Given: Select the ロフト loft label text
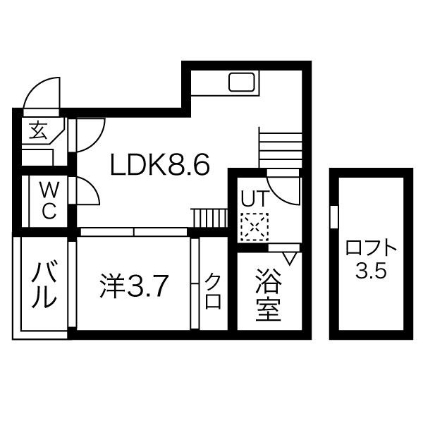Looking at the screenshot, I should click(372, 249).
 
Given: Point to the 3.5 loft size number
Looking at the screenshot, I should click(371, 271).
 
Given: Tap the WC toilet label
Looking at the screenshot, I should click(48, 200).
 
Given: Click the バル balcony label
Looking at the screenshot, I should click(42, 285).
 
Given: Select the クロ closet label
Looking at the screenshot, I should click(213, 290).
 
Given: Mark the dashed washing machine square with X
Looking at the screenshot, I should click(251, 226).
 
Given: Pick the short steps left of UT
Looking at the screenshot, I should click(209, 219).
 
